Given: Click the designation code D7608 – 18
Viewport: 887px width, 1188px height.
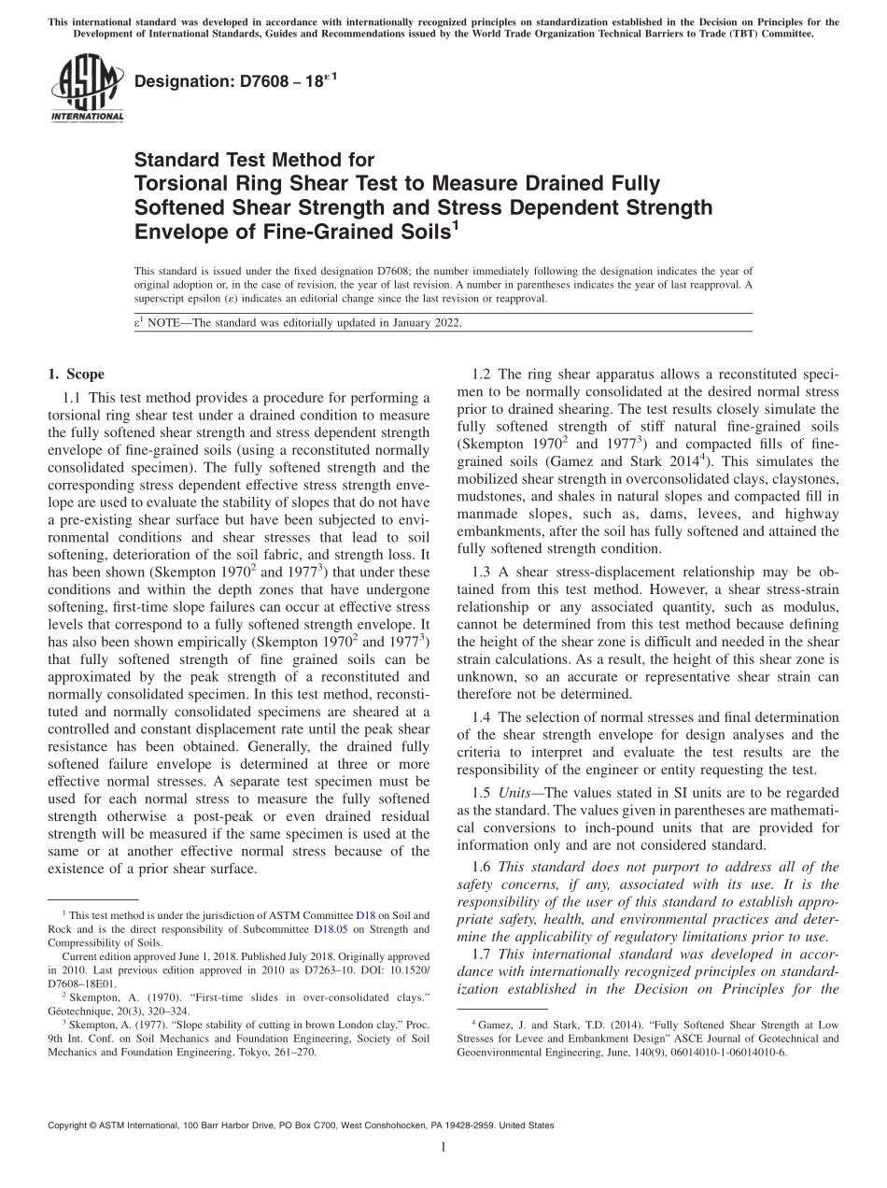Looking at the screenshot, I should click(236, 82).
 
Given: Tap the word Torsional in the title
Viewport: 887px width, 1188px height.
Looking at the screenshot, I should click(177, 183).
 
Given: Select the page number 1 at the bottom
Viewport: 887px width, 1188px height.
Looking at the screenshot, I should click(443, 1147).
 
